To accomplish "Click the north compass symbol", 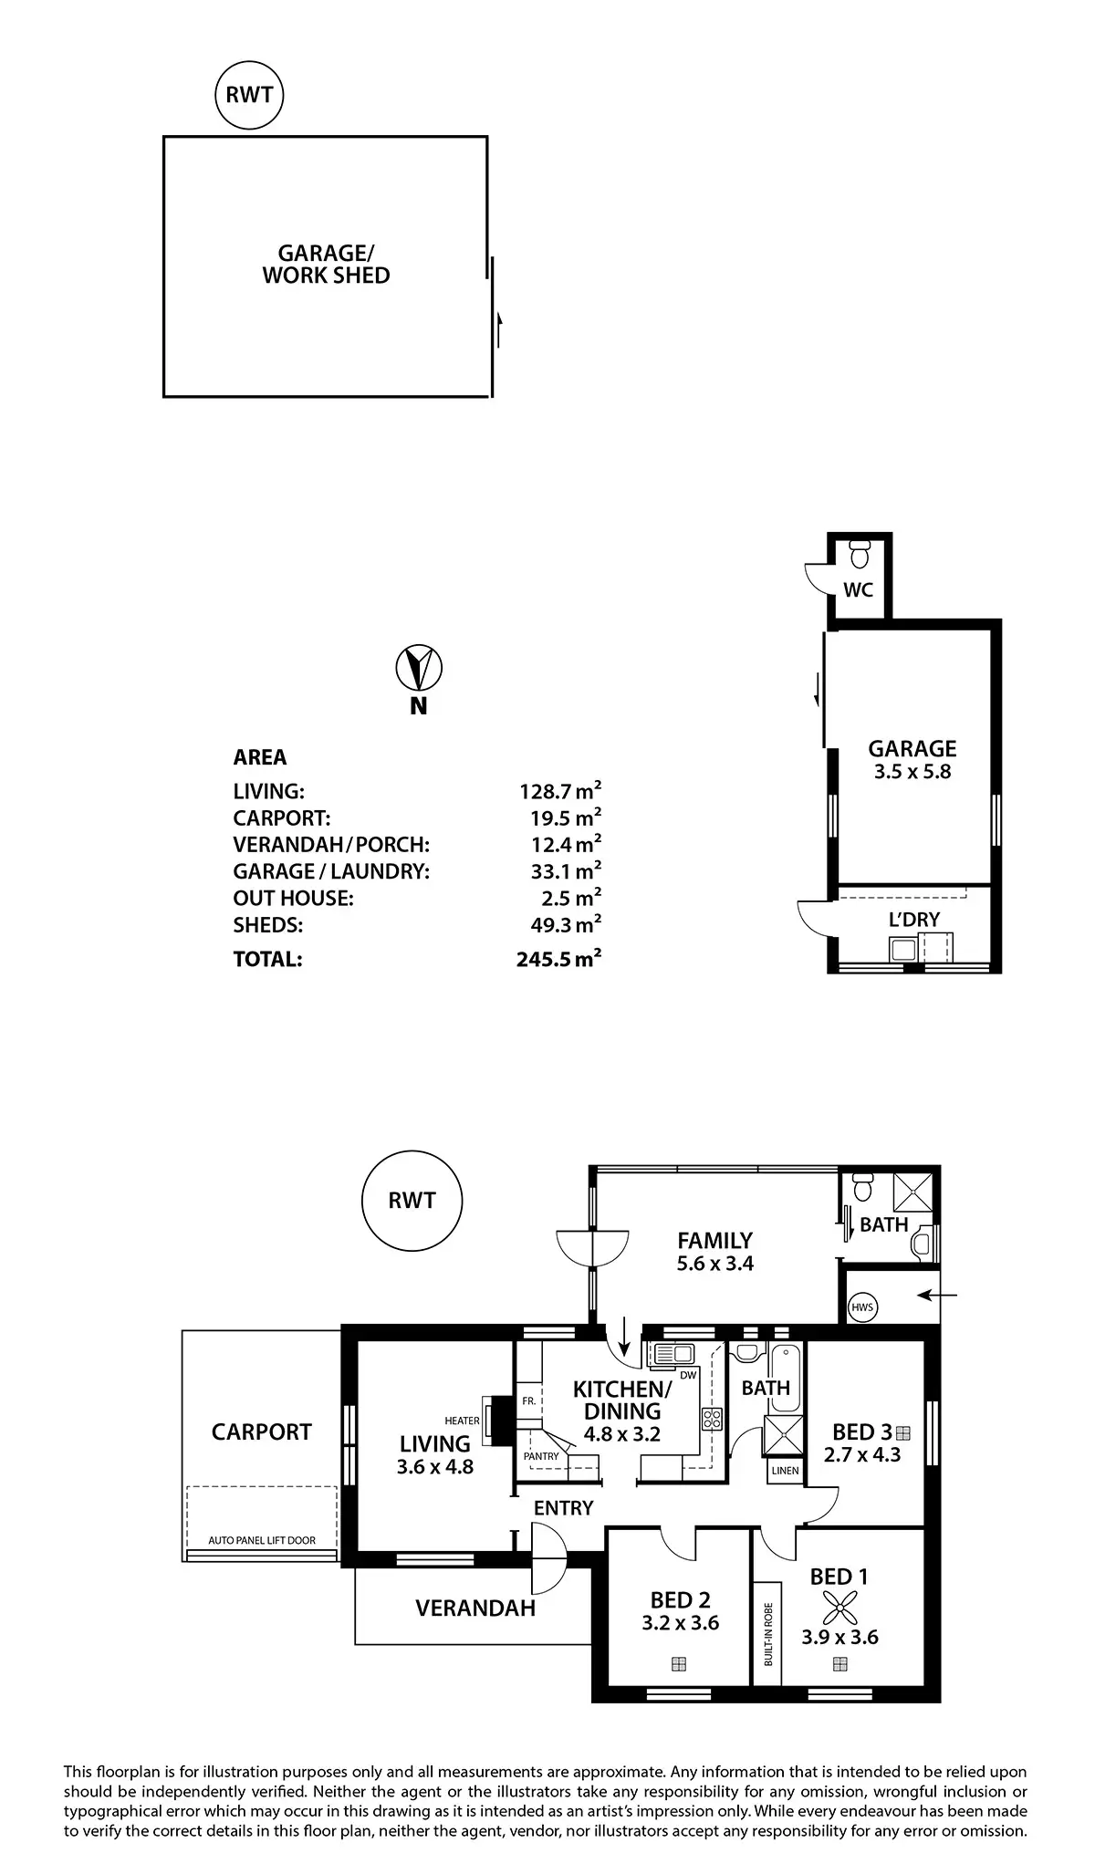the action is tap(418, 668).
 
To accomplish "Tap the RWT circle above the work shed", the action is tap(249, 94).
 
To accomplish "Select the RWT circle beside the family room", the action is tap(412, 1201).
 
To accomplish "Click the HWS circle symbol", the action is tap(861, 1307).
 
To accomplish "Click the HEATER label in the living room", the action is tap(462, 1421).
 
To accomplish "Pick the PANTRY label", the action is tap(541, 1456).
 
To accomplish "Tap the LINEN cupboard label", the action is tap(785, 1471).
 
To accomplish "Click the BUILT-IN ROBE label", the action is tap(768, 1634).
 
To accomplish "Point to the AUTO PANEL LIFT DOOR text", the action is tap(262, 1540).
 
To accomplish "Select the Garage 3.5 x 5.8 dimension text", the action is tap(912, 772).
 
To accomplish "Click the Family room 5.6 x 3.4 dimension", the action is tap(714, 1264).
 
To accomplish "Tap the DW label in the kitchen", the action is tap(688, 1375).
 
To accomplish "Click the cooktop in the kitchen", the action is tap(711, 1419).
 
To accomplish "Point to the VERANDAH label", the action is tap(475, 1609).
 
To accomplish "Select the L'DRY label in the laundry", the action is tap(913, 920).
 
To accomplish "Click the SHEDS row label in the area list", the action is tap(267, 925).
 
